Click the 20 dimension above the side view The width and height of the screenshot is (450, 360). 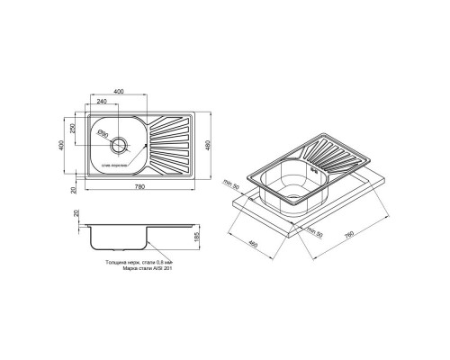(77, 215)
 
